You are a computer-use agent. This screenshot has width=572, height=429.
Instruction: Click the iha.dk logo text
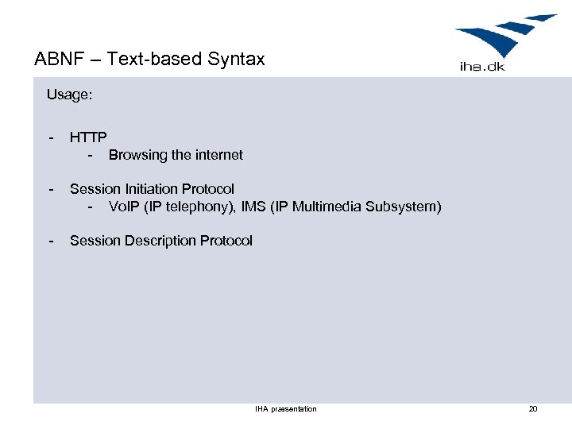[482, 66]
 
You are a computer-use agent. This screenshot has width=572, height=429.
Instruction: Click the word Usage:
[69, 95]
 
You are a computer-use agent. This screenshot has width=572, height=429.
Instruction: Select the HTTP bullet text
[88, 137]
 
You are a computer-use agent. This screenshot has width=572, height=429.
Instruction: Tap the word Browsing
[138, 156]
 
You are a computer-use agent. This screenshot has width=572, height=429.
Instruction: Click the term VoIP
[125, 207]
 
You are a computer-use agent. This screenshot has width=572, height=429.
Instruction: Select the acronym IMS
[250, 207]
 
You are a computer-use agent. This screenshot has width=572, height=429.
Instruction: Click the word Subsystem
[404, 207]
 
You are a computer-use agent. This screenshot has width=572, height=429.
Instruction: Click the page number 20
[533, 409]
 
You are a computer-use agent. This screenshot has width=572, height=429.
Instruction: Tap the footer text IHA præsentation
[285, 409]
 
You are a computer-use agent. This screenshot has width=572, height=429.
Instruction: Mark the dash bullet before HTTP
[52, 137]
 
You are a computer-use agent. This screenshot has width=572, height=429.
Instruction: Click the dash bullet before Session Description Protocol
[52, 241]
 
